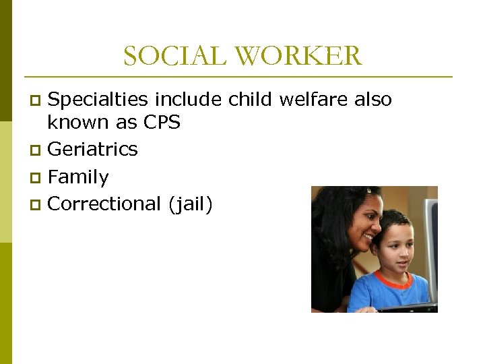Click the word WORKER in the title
click(298, 56)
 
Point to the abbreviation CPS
click(162, 123)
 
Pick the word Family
click(78, 177)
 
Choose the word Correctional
click(103, 204)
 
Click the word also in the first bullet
click(373, 100)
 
